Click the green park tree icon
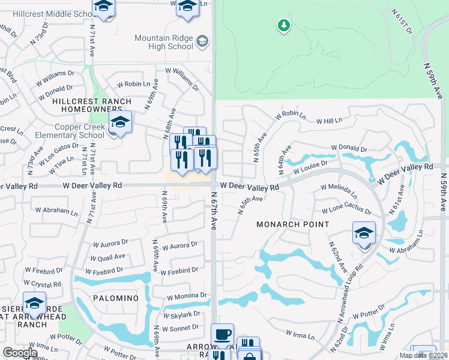tap(283, 25)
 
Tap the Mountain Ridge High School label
tap(164, 42)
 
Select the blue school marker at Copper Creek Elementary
tap(120, 122)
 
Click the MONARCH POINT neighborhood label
tap(293, 224)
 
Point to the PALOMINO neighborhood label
tap(116, 298)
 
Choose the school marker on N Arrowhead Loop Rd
tap(364, 233)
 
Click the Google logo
tap(20, 352)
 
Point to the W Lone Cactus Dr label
tap(346, 211)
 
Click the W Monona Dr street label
tap(187, 296)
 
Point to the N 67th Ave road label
tap(214, 211)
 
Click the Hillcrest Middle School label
tap(51, 14)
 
